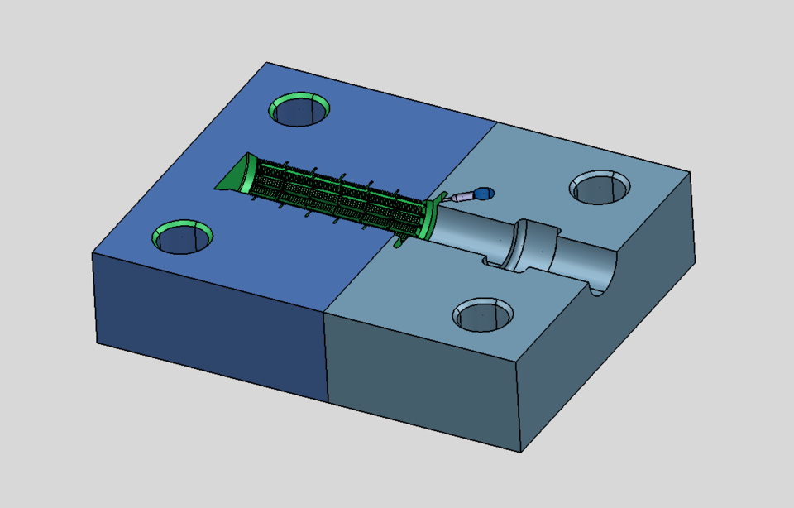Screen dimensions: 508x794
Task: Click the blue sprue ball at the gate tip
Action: pos(485,193)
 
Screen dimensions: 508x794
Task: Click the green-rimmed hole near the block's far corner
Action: pos(299,109)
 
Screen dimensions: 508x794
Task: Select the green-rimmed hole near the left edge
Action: pos(184,237)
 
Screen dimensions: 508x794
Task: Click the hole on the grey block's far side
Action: pos(600,187)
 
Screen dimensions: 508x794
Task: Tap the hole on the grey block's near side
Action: pos(483,314)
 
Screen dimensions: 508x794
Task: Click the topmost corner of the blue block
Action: pos(266,63)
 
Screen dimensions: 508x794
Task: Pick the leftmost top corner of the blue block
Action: pos(92,252)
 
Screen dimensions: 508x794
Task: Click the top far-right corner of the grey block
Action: pos(690,172)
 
